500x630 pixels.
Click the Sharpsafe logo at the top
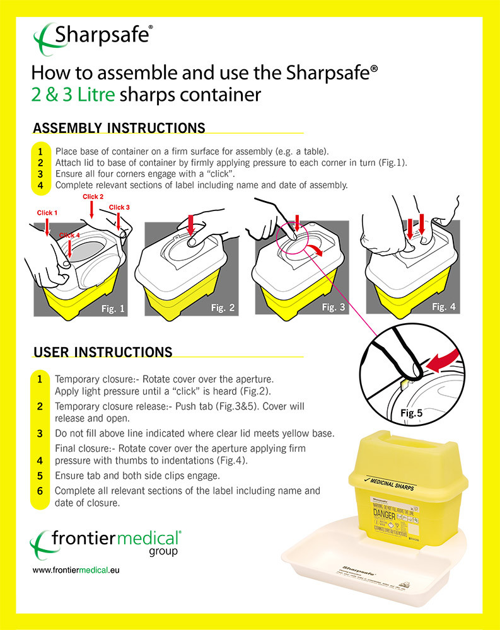point(93,35)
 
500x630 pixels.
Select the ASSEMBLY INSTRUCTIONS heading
point(119,128)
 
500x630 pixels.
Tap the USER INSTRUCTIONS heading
point(102,351)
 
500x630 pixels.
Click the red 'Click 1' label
point(47,213)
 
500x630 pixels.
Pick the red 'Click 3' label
point(119,207)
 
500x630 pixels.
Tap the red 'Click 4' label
point(69,236)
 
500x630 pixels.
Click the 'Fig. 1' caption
point(113,309)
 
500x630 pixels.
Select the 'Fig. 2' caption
point(223,308)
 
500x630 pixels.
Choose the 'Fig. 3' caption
point(334,307)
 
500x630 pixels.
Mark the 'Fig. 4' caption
point(444,307)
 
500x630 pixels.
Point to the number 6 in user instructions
point(40,490)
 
